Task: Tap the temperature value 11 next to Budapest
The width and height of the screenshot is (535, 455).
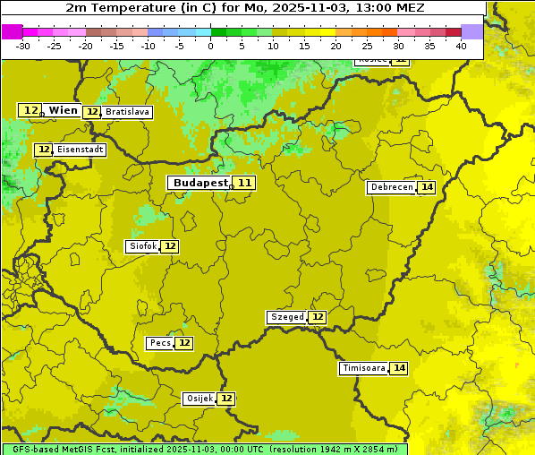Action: point(244,183)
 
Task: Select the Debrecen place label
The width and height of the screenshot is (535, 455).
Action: point(391,187)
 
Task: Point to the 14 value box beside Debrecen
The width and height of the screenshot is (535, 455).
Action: point(427,187)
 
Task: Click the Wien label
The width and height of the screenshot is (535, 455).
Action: point(63,110)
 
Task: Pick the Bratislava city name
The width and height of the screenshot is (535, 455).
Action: point(126,112)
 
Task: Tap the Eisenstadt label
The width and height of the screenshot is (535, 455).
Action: point(81,150)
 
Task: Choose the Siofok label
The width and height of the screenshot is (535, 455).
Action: point(142,246)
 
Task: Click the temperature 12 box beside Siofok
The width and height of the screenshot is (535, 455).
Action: point(170,246)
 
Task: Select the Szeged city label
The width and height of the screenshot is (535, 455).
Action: point(287,317)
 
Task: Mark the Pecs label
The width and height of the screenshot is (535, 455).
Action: point(160,343)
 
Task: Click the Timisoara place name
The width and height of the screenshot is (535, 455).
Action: point(364,368)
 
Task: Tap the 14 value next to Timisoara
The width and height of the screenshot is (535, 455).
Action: point(399,368)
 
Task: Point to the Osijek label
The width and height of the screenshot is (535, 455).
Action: point(200,399)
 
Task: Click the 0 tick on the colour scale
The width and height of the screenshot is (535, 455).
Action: point(210,46)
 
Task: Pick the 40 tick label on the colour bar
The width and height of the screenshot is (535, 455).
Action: point(461,46)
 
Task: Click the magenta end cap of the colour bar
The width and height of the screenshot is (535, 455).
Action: point(12,31)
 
